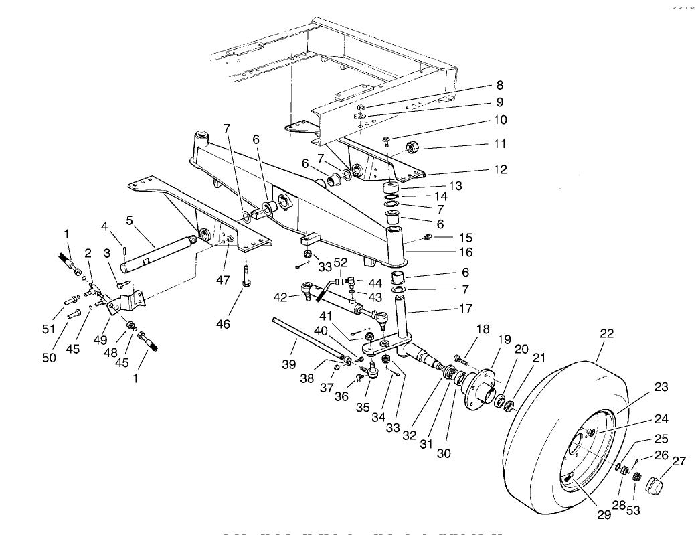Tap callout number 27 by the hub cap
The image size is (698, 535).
[x=679, y=461]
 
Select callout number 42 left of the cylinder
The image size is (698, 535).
[x=280, y=297]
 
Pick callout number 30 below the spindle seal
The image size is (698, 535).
[x=443, y=453]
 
